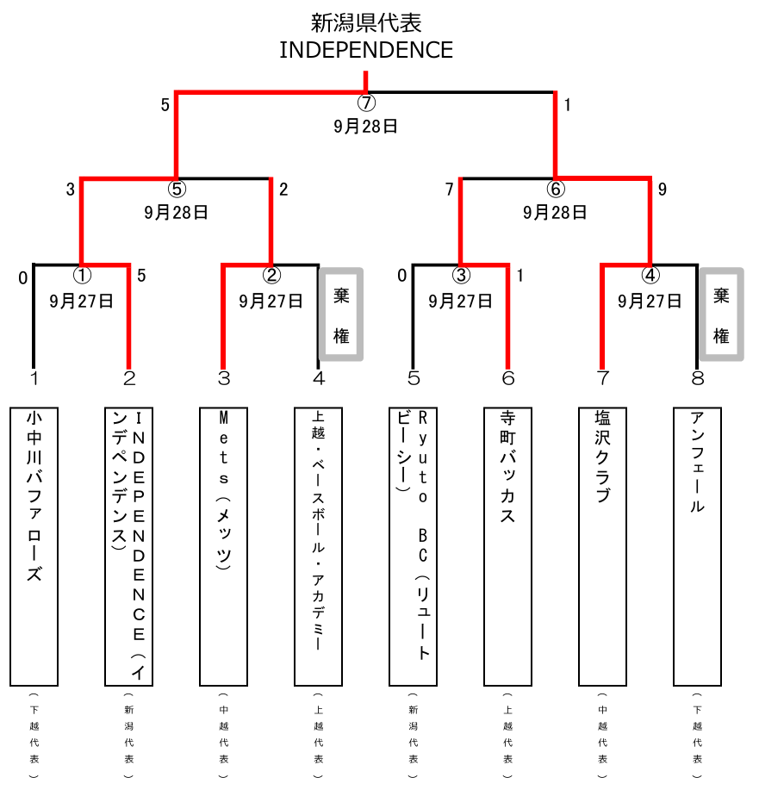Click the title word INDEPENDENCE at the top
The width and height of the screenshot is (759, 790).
(x=366, y=50)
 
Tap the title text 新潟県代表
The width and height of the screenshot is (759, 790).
(x=366, y=22)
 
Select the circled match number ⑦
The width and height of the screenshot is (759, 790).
(x=366, y=103)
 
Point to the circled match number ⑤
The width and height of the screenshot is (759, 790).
(x=177, y=190)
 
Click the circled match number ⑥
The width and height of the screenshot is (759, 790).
(x=556, y=190)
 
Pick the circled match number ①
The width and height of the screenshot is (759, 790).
(x=82, y=276)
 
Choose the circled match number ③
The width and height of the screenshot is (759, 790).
(x=461, y=276)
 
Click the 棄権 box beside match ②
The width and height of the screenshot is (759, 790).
(x=341, y=314)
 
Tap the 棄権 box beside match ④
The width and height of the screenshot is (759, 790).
(x=721, y=314)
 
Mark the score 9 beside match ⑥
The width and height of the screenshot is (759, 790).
(x=662, y=190)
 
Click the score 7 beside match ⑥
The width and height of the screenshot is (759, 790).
(x=449, y=190)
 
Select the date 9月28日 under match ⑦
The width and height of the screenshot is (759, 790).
(x=366, y=126)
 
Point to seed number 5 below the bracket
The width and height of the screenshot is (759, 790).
(x=414, y=378)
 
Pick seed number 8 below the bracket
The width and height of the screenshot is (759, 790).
(x=697, y=378)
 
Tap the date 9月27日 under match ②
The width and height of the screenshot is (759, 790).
(x=271, y=301)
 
